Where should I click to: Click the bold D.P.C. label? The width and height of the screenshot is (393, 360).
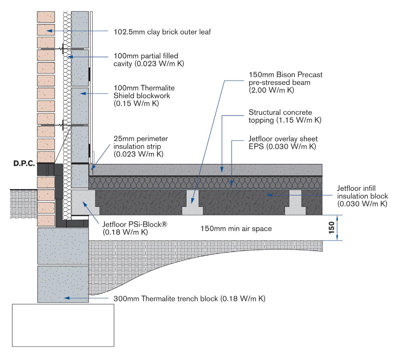pyautogui.click(x=24, y=164)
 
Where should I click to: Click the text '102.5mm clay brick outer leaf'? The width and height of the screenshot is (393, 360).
pyautogui.click(x=162, y=32)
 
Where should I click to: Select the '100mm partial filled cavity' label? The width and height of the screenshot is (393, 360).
pyautogui.click(x=149, y=60)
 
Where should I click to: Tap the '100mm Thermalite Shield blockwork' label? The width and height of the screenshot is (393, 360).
pyautogui.click(x=144, y=96)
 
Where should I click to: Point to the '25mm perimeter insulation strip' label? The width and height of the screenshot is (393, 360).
pyautogui.click(x=141, y=146)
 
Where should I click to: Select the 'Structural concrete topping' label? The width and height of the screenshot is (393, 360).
pyautogui.click(x=285, y=116)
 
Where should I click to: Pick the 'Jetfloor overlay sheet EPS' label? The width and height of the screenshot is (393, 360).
pyautogui.click(x=283, y=143)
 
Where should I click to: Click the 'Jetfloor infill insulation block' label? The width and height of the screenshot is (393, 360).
pyautogui.click(x=362, y=196)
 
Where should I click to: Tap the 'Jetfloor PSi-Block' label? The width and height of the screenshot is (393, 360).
pyautogui.click(x=135, y=228)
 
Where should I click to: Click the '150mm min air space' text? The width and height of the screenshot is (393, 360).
pyautogui.click(x=236, y=229)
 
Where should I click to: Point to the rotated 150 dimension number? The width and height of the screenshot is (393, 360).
pyautogui.click(x=331, y=227)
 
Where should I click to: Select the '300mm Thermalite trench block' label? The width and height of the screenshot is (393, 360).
pyautogui.click(x=189, y=299)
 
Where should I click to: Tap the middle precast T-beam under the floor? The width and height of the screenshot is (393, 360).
pyautogui.click(x=192, y=206)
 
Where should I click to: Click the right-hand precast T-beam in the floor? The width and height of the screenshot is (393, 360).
pyautogui.click(x=295, y=206)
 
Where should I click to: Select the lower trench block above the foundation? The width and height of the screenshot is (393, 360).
pyautogui.click(x=63, y=284)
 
